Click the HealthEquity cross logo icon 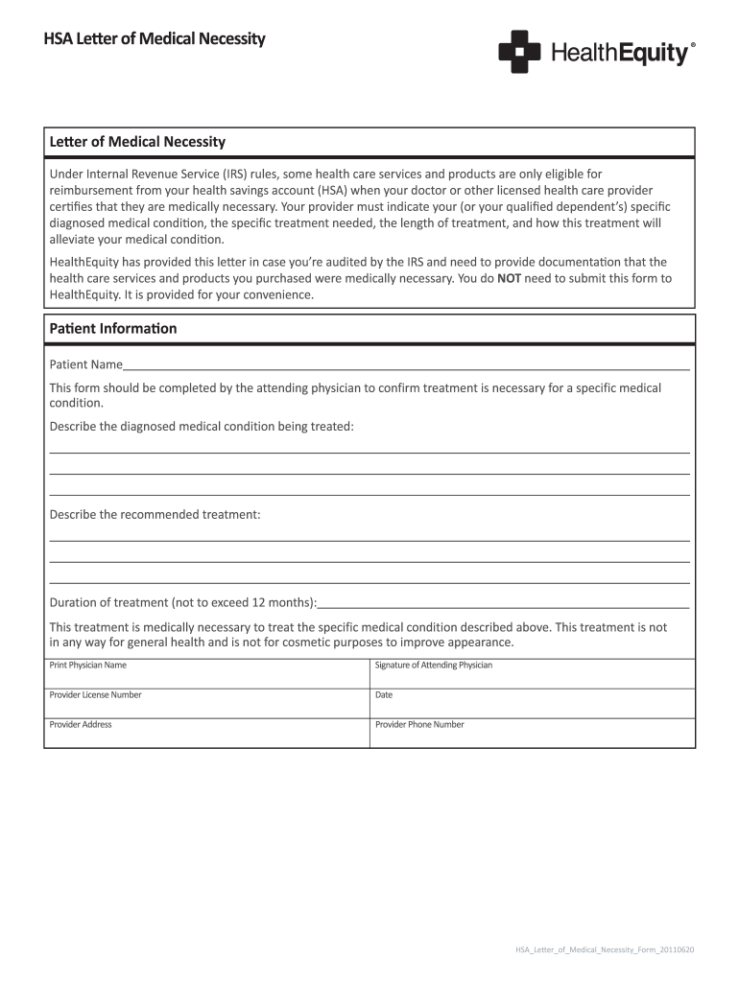[x=519, y=52]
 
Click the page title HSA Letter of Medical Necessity [x=155, y=39]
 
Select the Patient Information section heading [x=113, y=328]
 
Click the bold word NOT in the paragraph [x=510, y=278]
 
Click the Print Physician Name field [x=206, y=673]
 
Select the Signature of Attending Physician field [x=533, y=673]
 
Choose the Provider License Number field [x=206, y=703]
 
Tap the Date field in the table [x=533, y=703]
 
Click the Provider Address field [x=206, y=733]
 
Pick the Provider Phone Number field [x=533, y=733]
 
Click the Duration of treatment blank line [x=503, y=602]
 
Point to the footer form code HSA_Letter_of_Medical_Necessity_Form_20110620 [x=605, y=949]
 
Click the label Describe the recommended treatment [x=155, y=514]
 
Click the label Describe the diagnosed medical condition [x=202, y=426]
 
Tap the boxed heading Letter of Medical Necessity [x=137, y=142]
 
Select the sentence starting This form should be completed [x=355, y=387]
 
